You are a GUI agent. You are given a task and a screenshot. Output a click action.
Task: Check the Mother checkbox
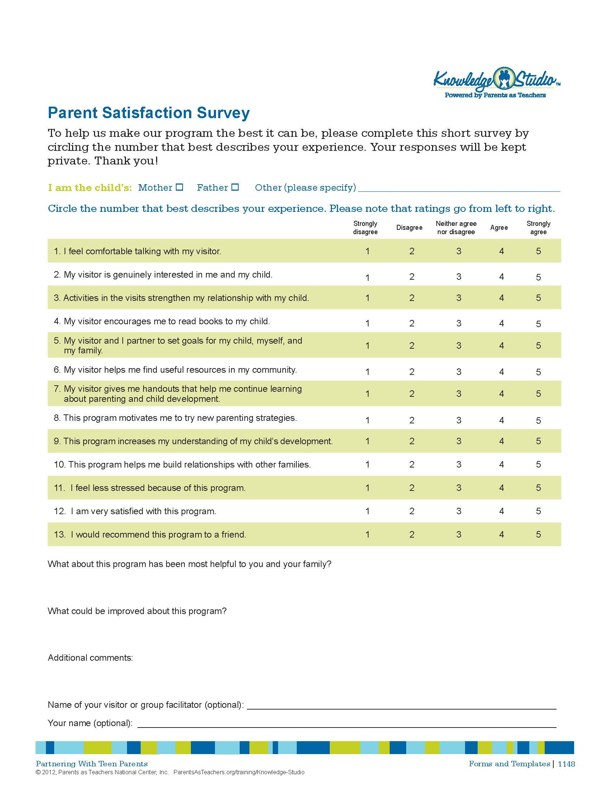(179, 187)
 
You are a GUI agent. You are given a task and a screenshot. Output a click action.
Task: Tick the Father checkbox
(235, 187)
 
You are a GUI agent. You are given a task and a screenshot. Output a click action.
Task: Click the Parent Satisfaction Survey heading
(149, 113)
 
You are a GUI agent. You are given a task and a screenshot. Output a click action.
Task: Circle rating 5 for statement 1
(538, 251)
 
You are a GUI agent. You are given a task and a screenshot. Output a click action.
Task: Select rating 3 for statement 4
(459, 323)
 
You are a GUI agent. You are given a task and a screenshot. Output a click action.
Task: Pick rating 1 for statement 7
(367, 394)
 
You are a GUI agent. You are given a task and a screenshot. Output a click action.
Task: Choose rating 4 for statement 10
(501, 464)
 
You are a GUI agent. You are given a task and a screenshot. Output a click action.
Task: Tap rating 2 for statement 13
(412, 534)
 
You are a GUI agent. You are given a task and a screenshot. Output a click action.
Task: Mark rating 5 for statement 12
(538, 511)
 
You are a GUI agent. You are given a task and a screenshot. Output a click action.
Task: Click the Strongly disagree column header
(365, 228)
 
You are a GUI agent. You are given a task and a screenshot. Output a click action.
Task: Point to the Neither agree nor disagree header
(456, 228)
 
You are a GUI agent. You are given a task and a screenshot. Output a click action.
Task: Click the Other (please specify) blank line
(459, 188)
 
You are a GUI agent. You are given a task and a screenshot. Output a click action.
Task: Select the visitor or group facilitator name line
(401, 705)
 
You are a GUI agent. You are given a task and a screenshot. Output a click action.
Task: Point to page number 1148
(566, 763)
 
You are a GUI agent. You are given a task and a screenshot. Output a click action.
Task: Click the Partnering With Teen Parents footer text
(92, 763)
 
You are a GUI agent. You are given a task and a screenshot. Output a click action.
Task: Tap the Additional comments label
(90, 657)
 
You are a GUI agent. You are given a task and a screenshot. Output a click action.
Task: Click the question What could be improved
(137, 611)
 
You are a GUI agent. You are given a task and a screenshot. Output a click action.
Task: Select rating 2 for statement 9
(412, 441)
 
